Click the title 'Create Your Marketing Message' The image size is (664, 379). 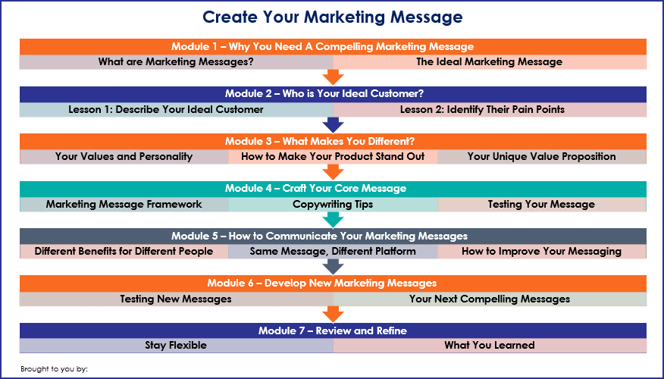[x=333, y=17]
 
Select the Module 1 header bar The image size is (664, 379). [x=333, y=46]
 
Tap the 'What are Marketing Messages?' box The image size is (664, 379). [x=176, y=62]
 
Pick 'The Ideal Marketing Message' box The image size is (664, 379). [x=490, y=62]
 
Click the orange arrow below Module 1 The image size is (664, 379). [x=333, y=77]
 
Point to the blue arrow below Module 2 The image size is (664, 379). [x=333, y=125]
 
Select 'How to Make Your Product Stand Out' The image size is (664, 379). [x=333, y=157]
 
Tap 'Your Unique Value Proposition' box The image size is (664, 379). [x=542, y=157]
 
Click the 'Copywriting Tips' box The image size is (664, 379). [x=333, y=205]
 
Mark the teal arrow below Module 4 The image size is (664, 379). [x=333, y=220]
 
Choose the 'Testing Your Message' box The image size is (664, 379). [x=542, y=205]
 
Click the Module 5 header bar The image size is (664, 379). [x=333, y=236]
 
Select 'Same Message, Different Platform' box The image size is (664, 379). [x=333, y=252]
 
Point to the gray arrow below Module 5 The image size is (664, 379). [x=333, y=267]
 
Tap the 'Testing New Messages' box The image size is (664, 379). [x=176, y=299]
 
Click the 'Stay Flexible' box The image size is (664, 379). [x=176, y=346]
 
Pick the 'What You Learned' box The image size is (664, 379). [x=490, y=346]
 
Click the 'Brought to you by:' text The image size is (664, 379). [x=55, y=369]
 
